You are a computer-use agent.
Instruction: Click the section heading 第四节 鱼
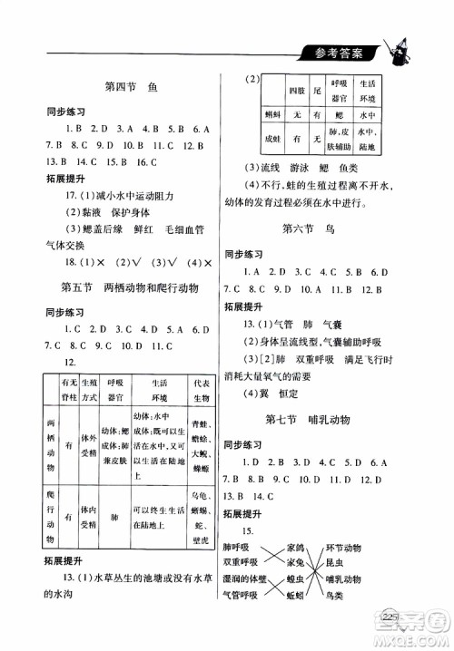pyautogui.click(x=133, y=88)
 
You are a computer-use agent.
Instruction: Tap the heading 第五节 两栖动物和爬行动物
pyautogui.click(x=133, y=288)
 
